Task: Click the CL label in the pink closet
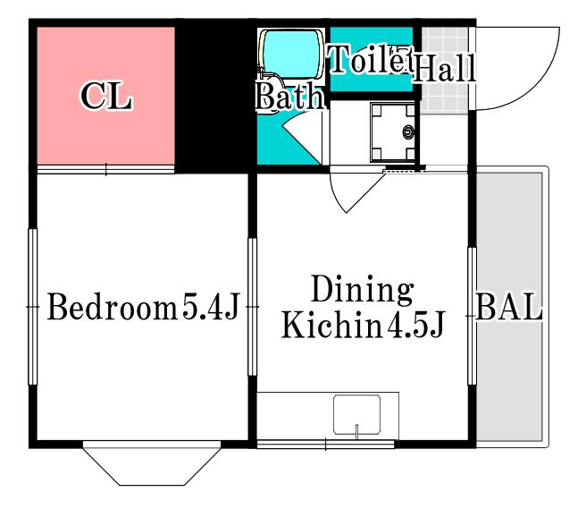pyautogui.click(x=106, y=97)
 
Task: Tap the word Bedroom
pyautogui.click(x=113, y=307)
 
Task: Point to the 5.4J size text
pyautogui.click(x=211, y=307)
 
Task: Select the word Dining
pyautogui.click(x=363, y=289)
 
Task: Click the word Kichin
pyautogui.click(x=332, y=324)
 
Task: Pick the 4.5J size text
pyautogui.click(x=414, y=324)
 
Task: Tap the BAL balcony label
pyautogui.click(x=509, y=306)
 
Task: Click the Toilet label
pyautogui.click(x=370, y=59)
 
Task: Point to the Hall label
pyautogui.click(x=444, y=67)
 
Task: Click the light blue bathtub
pyautogui.click(x=291, y=55)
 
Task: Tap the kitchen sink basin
pyautogui.click(x=357, y=415)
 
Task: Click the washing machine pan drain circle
pyautogui.click(x=408, y=132)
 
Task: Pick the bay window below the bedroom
pyautogui.click(x=152, y=463)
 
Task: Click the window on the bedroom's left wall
pyautogui.click(x=33, y=307)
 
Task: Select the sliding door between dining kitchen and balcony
pyautogui.click(x=472, y=316)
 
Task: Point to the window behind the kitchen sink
pyautogui.click(x=326, y=445)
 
